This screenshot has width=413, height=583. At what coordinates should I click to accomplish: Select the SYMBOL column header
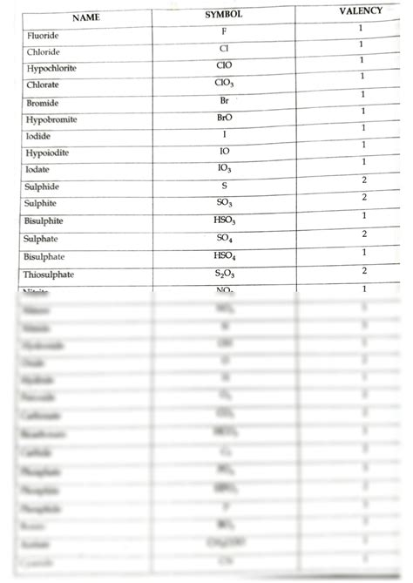pos(223,15)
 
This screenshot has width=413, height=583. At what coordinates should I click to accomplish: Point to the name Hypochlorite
pos(54,68)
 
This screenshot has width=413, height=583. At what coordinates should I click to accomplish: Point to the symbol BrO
pos(224,117)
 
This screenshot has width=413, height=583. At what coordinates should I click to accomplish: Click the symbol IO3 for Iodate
pos(225,167)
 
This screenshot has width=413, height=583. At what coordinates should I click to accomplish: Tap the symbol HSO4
pos(225,255)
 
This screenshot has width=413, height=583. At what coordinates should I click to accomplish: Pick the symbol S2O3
pos(225,274)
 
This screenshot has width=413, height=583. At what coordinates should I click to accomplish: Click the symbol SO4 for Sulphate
pos(225,237)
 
